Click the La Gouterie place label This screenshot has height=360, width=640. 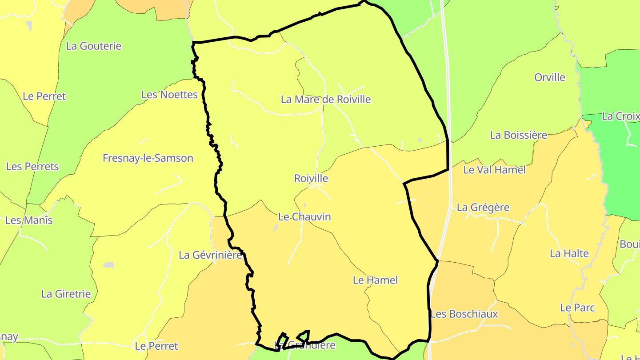[93, 46]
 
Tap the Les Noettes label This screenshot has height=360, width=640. [169, 94]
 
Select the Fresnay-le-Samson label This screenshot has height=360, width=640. [148, 158]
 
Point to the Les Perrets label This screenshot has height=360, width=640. [32, 166]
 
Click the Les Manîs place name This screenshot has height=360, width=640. [29, 220]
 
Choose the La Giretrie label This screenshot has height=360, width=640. [66, 293]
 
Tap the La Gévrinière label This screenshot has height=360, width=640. [210, 255]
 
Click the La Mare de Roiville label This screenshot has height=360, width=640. [325, 99]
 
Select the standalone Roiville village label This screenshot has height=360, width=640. [311, 178]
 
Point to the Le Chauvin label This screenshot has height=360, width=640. [304, 216]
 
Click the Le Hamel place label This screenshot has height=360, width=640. [375, 280]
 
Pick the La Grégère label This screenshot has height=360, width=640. [483, 207]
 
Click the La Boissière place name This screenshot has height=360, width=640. [518, 135]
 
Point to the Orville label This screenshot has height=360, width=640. [550, 77]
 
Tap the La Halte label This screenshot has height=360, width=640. [569, 253]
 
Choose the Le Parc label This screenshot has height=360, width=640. [577, 307]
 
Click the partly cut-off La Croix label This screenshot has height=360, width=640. [620, 116]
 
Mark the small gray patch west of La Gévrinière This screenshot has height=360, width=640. [109, 265]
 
